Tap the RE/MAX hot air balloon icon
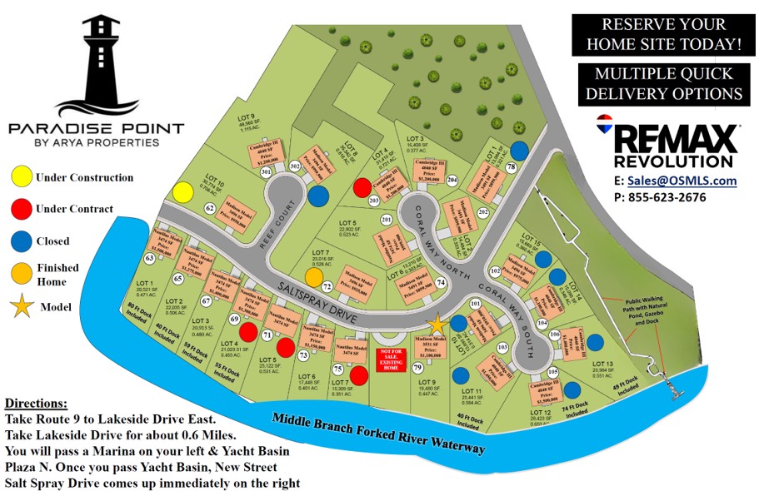(x=605, y=126)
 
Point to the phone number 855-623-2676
(x=676, y=197)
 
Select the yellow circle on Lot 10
(x=183, y=193)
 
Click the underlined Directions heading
(x=36, y=403)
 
